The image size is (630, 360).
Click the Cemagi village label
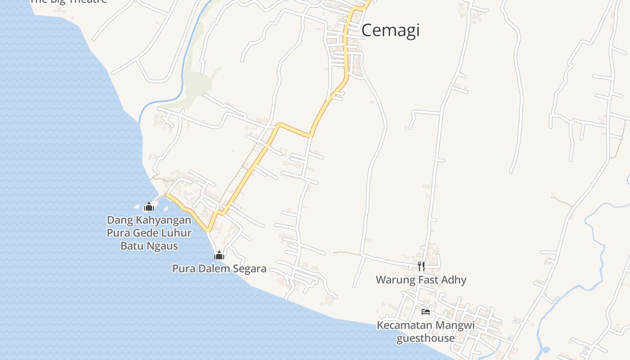[x=390, y=30]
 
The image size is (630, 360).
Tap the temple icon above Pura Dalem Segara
[x=219, y=256]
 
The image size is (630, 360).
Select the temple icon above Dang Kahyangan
[x=148, y=207]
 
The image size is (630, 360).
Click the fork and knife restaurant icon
[x=421, y=266]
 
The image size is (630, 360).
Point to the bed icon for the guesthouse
[x=425, y=311]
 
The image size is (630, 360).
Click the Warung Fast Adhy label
[x=421, y=280]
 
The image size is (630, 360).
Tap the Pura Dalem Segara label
[x=219, y=269]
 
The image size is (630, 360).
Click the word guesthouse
[x=425, y=338]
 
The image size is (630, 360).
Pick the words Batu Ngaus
[x=149, y=246]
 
